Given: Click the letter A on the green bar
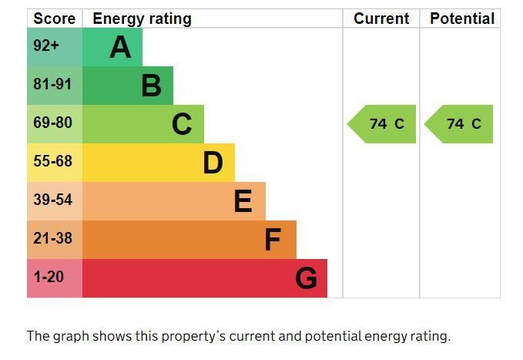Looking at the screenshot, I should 120,48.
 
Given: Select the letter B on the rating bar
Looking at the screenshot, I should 151,86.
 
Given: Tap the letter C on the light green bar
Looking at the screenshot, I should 182,124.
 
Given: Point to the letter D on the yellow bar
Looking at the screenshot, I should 213,163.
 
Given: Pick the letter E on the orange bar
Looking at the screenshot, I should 243,201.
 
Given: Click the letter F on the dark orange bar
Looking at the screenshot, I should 273,240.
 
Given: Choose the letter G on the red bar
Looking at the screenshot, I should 306,278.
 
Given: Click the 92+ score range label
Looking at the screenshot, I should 46,46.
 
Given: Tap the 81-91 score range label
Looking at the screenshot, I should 52,84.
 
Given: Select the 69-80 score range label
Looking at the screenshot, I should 52,123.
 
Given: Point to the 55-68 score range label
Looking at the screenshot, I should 52,161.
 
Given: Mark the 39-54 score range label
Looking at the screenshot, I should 52,200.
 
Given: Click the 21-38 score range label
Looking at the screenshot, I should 52,238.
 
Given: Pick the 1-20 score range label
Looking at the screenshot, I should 49,277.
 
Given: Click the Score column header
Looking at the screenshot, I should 55,19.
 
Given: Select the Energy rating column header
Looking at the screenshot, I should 142,19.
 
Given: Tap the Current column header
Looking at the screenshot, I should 381,19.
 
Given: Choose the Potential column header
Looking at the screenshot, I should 461,19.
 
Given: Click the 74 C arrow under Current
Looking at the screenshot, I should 383,124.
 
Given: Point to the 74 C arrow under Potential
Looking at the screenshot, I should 460,124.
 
